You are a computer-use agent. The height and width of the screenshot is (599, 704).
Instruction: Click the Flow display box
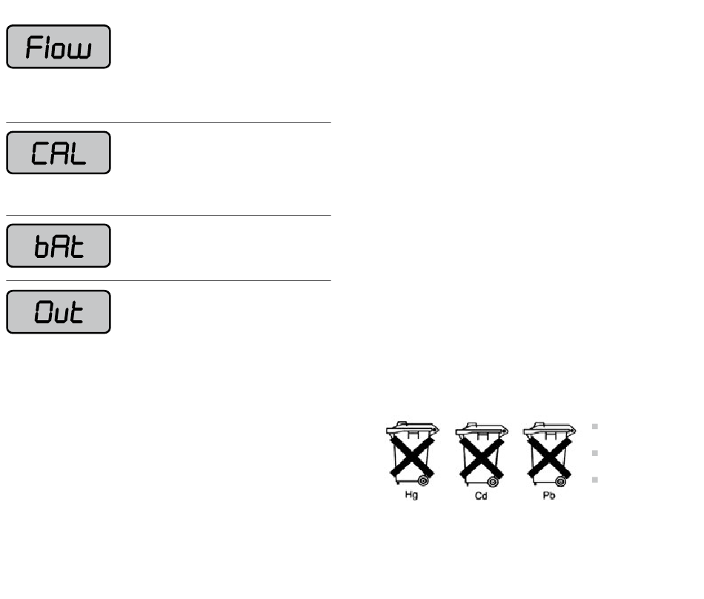(59, 47)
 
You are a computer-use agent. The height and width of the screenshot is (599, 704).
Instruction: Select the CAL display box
(59, 153)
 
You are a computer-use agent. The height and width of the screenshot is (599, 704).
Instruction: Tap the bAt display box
(59, 245)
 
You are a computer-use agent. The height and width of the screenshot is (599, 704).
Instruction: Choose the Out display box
(59, 312)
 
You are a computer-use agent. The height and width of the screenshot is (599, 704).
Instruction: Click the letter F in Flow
(33, 47)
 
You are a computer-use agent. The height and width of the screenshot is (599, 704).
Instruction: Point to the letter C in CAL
(39, 153)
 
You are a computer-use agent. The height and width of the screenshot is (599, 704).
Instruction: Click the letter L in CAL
(77, 153)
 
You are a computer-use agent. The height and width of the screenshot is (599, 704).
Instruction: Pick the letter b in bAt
(41, 247)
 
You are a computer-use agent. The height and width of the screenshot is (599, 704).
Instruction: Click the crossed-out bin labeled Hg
(412, 454)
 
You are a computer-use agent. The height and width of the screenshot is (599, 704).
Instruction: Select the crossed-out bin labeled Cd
(481, 454)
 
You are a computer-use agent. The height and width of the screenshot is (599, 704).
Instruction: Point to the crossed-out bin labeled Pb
(549, 454)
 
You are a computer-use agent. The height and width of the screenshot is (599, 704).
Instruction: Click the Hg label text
(411, 494)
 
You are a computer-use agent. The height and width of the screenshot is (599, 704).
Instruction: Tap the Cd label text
(481, 496)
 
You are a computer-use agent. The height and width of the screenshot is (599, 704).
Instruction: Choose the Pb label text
(549, 495)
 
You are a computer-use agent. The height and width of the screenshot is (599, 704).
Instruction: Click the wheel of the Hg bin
(423, 481)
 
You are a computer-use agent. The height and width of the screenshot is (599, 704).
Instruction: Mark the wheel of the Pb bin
(561, 482)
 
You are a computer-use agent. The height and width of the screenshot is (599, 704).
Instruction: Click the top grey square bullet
(595, 426)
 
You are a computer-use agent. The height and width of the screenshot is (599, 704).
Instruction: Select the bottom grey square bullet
(595, 480)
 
